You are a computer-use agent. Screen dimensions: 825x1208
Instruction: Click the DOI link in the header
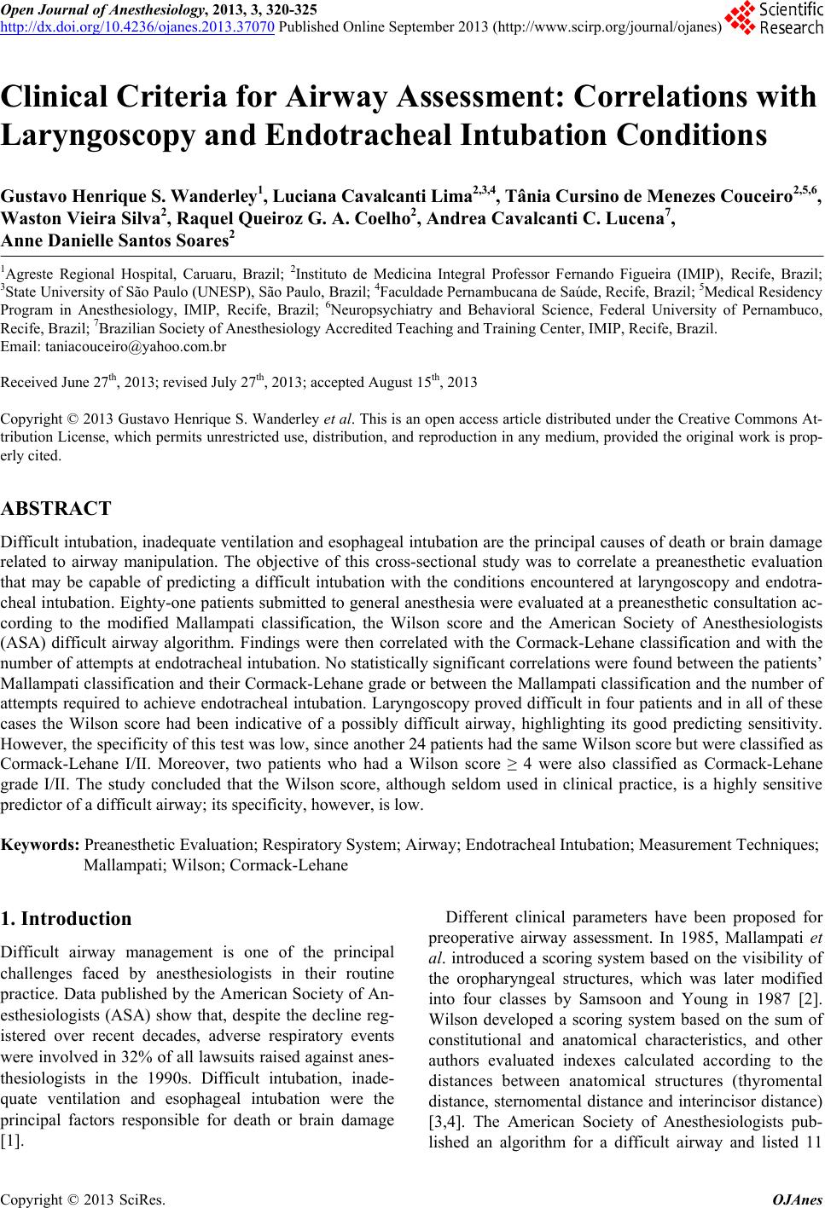137,26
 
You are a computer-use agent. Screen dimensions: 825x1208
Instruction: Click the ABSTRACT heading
56,509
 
